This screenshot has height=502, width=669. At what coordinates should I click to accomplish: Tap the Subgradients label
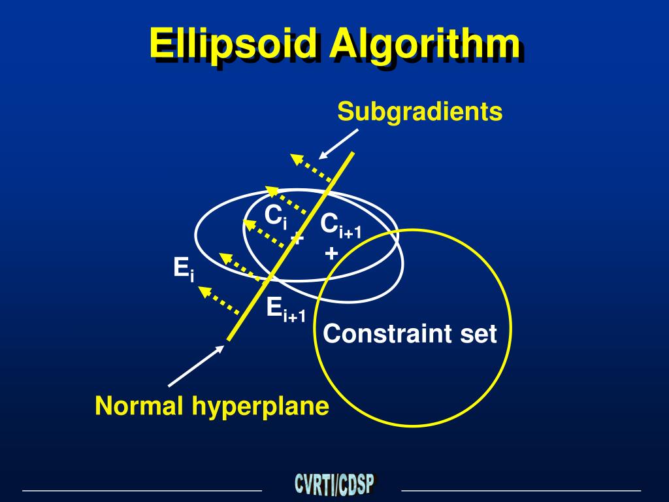coord(420,112)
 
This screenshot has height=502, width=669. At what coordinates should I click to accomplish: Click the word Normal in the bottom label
coord(140,407)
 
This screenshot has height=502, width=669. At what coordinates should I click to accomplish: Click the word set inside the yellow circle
coord(478,334)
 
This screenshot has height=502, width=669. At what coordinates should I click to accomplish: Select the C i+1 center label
coord(340,226)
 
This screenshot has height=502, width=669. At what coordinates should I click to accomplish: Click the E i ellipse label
coord(184,269)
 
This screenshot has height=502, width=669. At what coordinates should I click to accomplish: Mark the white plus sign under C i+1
coord(332,253)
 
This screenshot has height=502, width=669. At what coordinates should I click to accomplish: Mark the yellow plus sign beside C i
coord(297,237)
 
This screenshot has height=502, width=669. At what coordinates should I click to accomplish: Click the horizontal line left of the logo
coord(142,490)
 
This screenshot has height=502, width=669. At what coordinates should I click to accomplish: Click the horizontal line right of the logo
coord(521,490)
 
